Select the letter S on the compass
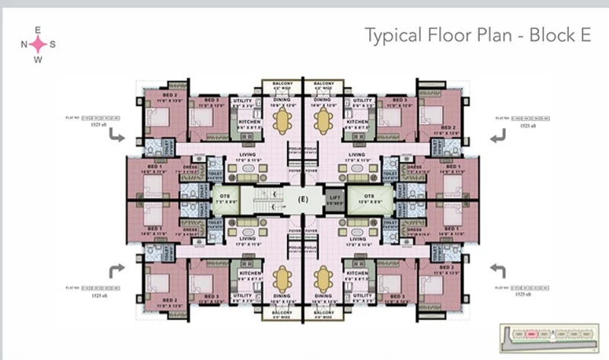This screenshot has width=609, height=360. point(53,44)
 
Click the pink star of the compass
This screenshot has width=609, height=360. point(38,44)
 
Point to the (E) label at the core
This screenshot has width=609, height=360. point(301,201)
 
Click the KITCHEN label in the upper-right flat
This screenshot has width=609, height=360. point(356,122)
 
